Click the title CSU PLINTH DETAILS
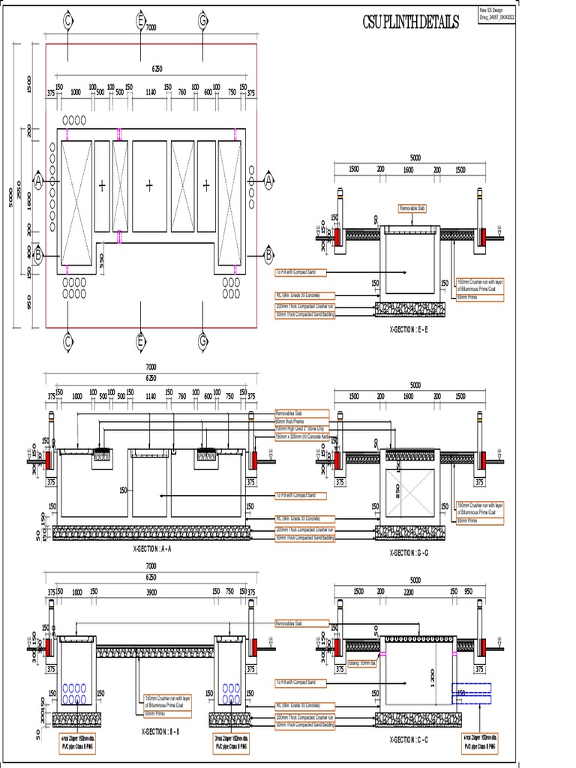409,23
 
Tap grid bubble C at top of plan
67,21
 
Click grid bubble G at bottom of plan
202,341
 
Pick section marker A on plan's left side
38,181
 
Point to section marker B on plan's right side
268,256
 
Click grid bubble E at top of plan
140,21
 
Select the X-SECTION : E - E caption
408,329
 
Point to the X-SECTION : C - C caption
408,739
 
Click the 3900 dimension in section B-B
151,592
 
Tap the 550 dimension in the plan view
101,259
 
